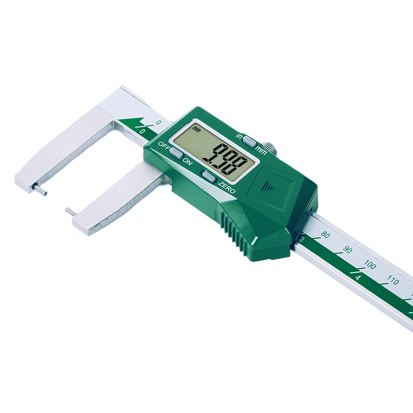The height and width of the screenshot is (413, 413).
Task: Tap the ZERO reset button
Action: pos(209,176)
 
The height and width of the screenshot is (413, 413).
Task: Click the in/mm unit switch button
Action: pos(249,140)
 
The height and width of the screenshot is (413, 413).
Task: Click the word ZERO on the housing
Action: pos(227,187)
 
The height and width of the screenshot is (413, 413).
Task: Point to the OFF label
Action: pos(164,144)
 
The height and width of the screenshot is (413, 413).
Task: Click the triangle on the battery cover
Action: pos(267,185)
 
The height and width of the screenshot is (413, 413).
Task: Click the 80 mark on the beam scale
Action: pos(325,235)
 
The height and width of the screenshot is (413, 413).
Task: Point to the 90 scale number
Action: pos(347,250)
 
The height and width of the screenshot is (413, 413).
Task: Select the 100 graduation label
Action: pos(370,265)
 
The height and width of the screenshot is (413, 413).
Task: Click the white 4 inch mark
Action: pos(358,278)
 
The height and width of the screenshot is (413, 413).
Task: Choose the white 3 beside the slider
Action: pos(302,239)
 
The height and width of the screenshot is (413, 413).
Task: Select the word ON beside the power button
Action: pos(187,162)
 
